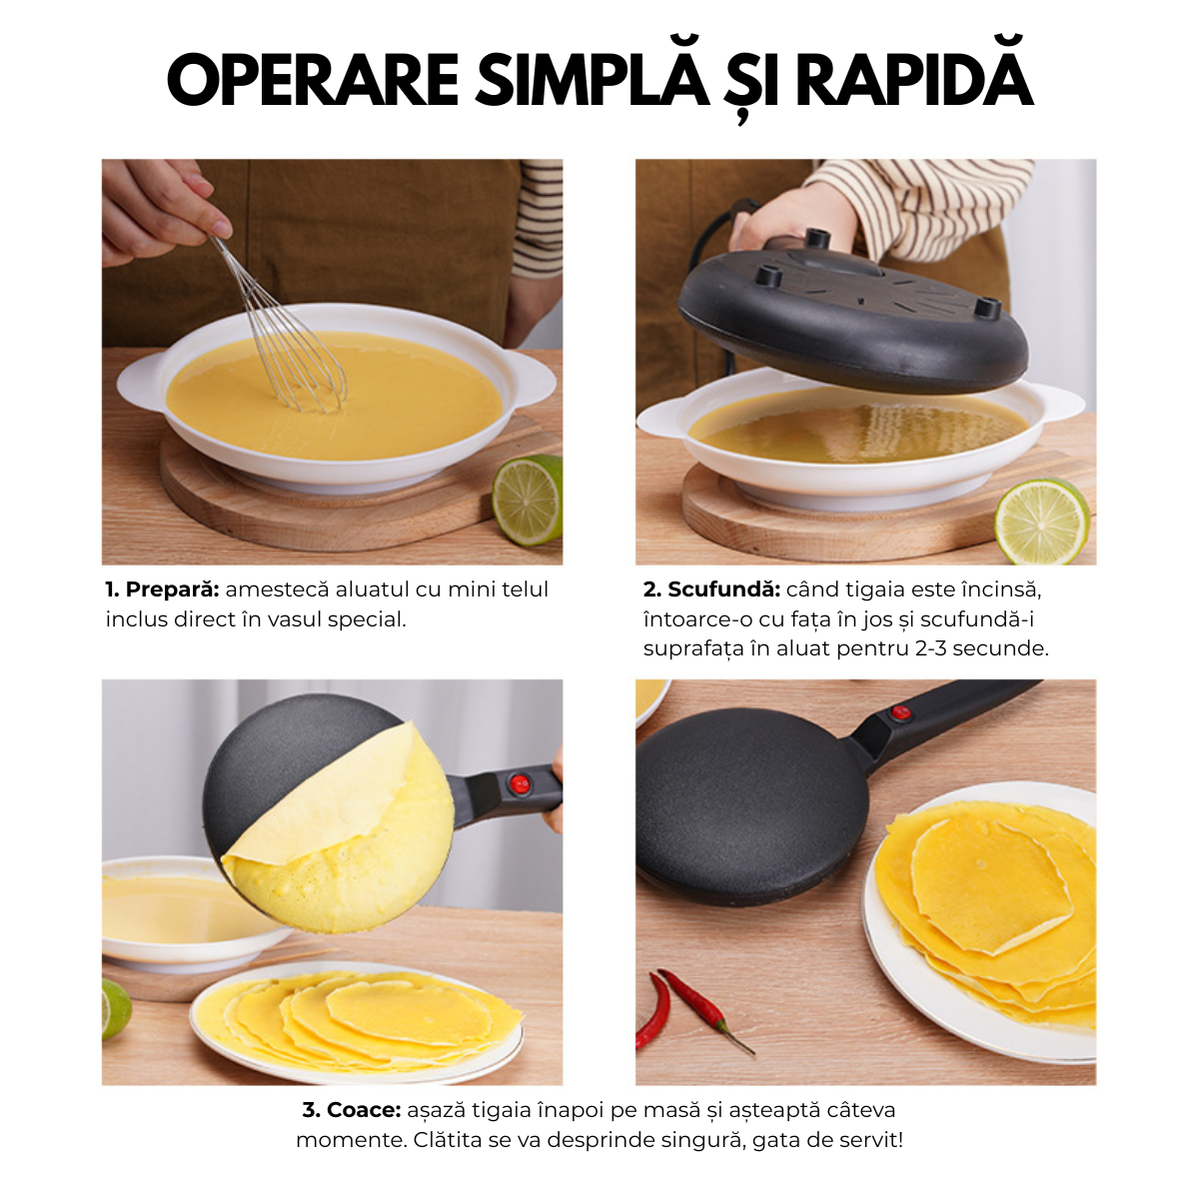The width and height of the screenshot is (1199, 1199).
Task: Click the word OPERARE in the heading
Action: (312, 81)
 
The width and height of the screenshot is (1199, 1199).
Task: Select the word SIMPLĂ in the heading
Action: (591, 81)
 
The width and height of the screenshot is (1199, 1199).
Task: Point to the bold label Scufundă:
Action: (710, 590)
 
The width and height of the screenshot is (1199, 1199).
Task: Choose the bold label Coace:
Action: (352, 1110)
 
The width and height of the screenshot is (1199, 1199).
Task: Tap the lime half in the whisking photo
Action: (527, 500)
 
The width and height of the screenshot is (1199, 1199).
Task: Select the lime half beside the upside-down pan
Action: (1041, 521)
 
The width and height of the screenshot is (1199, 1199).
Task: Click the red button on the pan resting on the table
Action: (901, 713)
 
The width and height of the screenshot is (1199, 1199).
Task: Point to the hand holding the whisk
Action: (155, 210)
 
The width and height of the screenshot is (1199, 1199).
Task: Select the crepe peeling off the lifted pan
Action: (350, 829)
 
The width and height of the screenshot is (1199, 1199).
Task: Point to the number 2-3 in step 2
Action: (930, 648)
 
